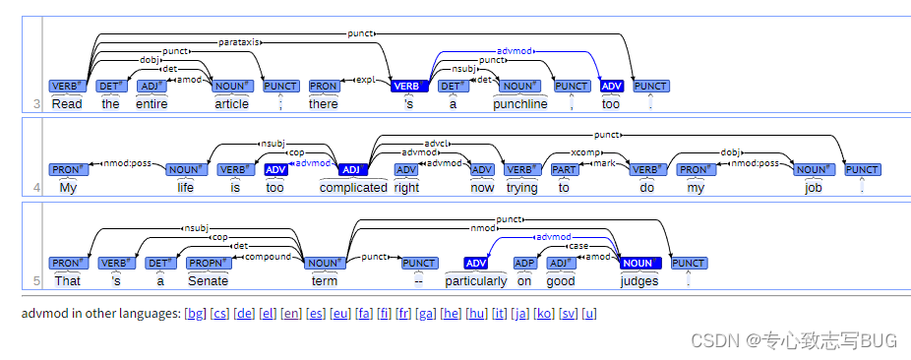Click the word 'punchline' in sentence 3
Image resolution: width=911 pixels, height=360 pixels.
[x=520, y=104]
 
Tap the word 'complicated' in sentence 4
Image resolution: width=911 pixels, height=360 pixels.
[x=353, y=188]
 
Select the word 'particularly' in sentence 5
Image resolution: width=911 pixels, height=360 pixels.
[x=476, y=281]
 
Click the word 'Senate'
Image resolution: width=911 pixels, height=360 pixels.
[x=208, y=281]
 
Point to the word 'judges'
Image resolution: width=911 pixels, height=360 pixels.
[x=639, y=281]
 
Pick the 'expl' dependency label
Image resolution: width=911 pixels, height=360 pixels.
[x=365, y=80]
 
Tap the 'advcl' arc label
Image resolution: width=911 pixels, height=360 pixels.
[x=435, y=143]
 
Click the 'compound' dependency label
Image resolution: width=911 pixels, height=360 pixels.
[x=268, y=257]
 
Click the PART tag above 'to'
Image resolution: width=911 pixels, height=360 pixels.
[x=565, y=169]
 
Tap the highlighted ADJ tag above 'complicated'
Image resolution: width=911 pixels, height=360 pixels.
[x=352, y=169]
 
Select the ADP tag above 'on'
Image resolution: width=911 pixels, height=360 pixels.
[x=524, y=263]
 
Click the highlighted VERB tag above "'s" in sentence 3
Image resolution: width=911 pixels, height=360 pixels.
[x=409, y=86]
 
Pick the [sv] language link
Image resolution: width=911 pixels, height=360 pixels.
[x=569, y=314]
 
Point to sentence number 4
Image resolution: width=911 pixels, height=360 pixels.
[x=36, y=189]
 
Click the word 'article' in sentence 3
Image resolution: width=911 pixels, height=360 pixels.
[x=232, y=104]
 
